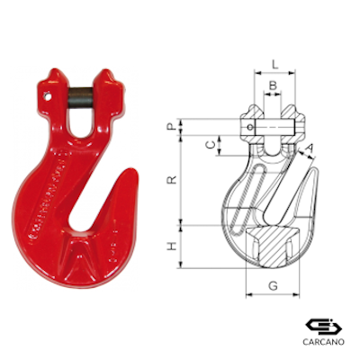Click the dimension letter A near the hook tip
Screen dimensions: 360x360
click(x=310, y=148)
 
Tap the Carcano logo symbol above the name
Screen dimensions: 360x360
click(x=320, y=325)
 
